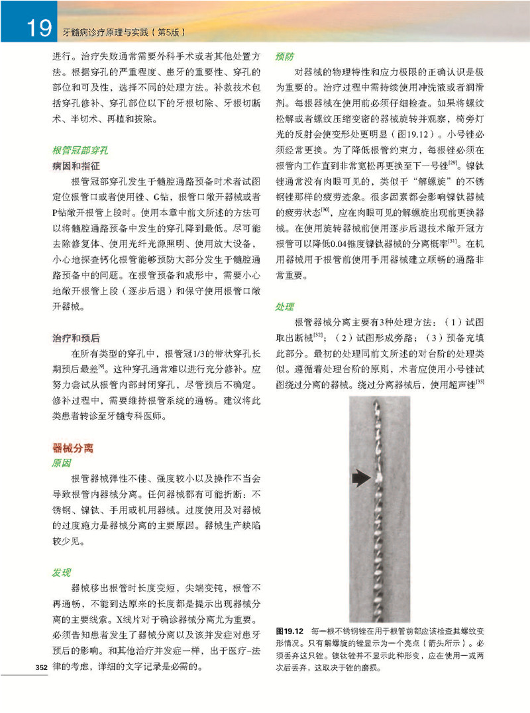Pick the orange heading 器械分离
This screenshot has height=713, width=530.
[72, 448]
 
